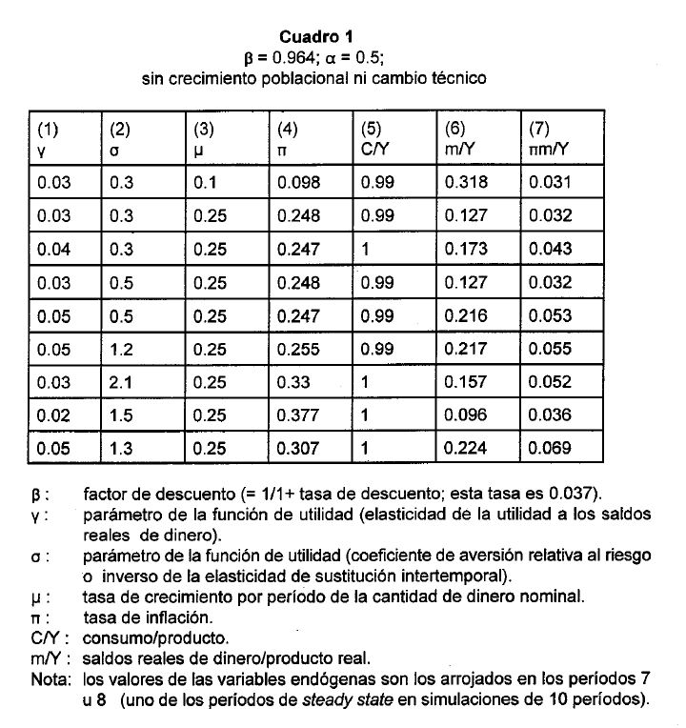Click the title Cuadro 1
point(315,37)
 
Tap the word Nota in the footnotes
point(48,678)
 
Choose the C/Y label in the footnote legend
point(45,637)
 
